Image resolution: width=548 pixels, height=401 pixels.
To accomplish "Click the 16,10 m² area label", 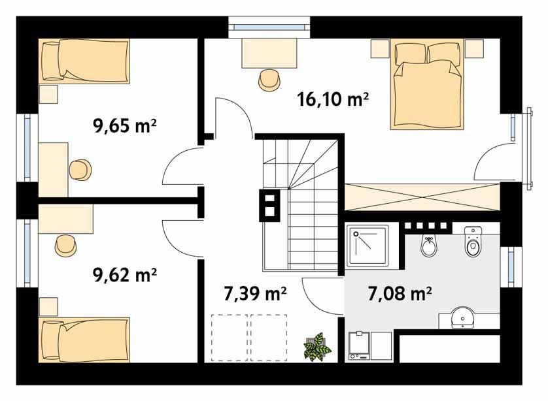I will (x=333, y=99).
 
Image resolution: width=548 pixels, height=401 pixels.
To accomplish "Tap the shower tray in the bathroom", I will (x=367, y=246).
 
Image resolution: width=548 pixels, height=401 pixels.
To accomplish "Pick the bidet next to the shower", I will (x=428, y=246).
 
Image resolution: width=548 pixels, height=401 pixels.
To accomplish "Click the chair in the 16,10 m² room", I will (x=268, y=80).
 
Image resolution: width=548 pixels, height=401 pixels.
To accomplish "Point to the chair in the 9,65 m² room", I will (x=81, y=170).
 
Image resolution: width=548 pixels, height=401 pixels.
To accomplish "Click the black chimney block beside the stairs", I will (x=269, y=204).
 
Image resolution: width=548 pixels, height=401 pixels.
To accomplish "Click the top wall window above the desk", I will (x=269, y=27).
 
